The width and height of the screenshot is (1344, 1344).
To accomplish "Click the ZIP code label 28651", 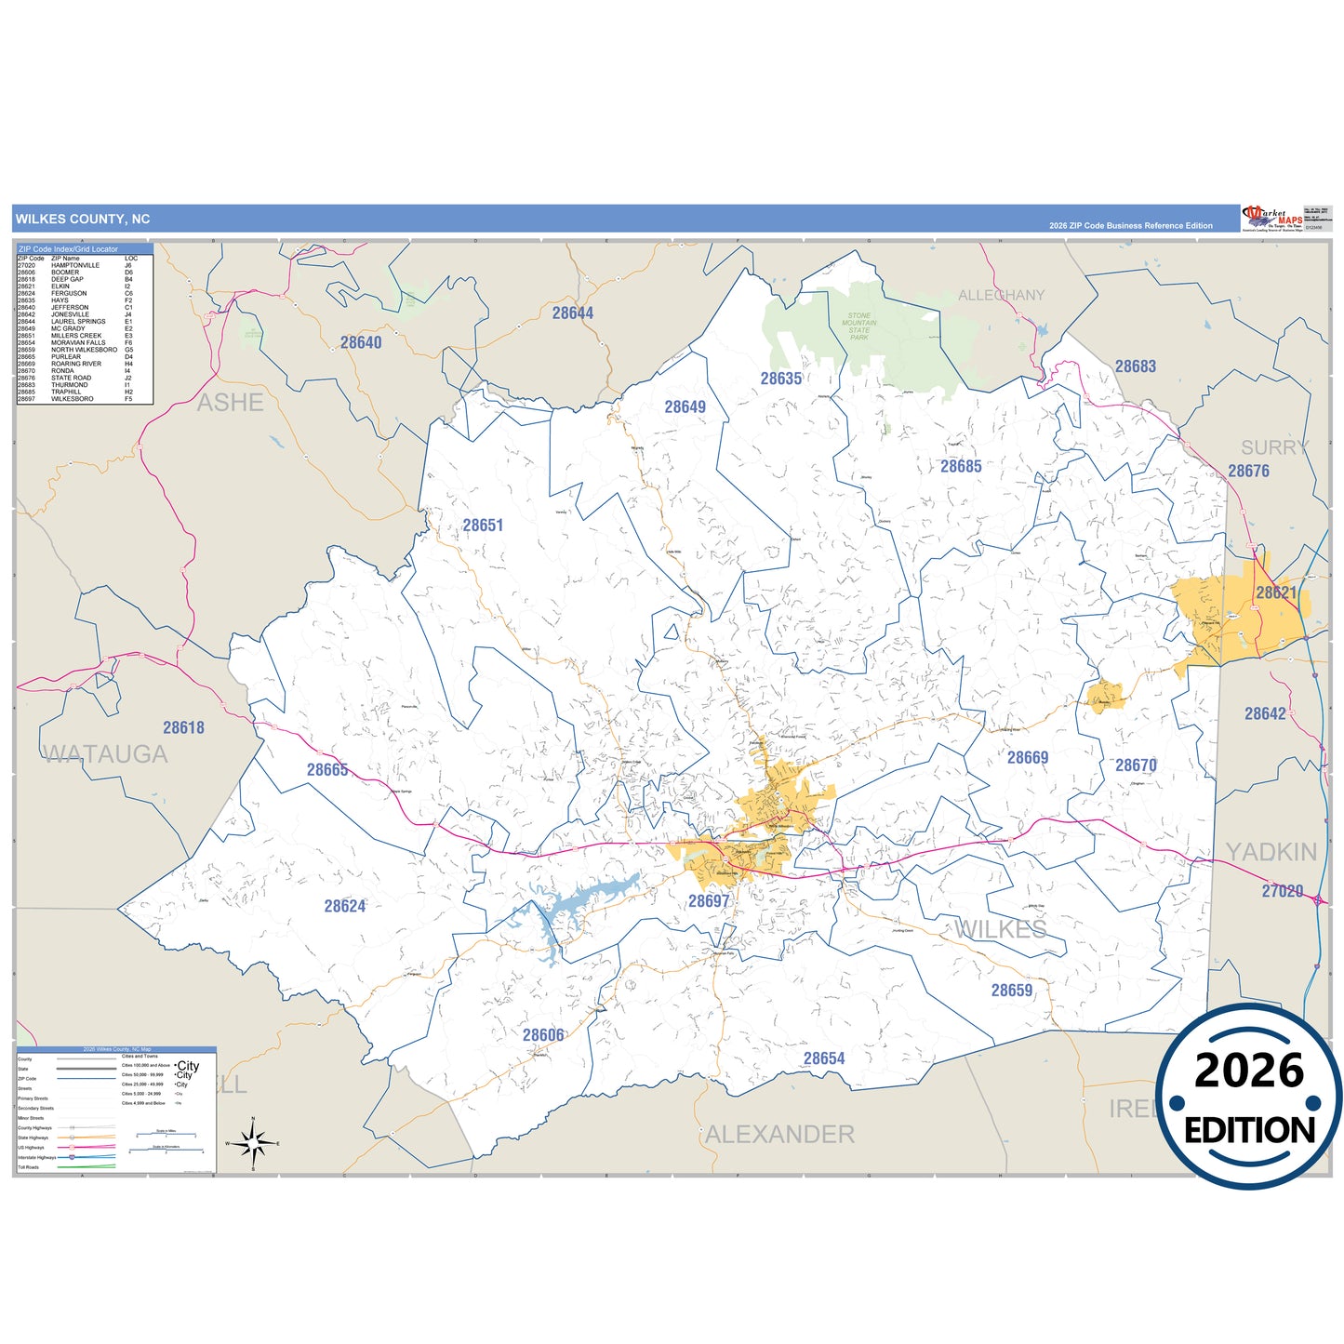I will point(483,526).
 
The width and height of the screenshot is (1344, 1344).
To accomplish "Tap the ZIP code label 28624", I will point(344,906).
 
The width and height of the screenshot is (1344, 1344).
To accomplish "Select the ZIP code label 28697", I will point(709,901).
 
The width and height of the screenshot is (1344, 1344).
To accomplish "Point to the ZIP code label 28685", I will point(961,467).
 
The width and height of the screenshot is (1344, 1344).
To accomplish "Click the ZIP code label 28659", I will point(1011,991).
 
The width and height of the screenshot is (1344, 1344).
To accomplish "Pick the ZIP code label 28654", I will point(824,1058).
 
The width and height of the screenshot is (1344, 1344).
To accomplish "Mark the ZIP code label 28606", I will point(543,1035).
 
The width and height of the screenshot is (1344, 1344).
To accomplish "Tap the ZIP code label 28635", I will point(780,379).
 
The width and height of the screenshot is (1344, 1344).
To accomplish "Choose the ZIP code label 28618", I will point(183,728).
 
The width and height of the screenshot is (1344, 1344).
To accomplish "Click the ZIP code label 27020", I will point(1282,891).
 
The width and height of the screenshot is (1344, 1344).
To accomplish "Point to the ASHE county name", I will point(230,403).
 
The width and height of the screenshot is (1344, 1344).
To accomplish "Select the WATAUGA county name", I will point(106,754).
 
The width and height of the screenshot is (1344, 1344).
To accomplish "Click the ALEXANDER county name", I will point(779,1135).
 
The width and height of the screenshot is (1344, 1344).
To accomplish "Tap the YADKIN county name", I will point(1271,852).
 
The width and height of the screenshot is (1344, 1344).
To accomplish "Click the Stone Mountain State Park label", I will point(858,326).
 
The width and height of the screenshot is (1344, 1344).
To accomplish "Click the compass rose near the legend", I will point(253,1142).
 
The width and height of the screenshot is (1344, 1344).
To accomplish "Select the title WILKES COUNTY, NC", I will point(83,220).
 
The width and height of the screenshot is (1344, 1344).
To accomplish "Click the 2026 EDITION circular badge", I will point(1249,1098).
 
